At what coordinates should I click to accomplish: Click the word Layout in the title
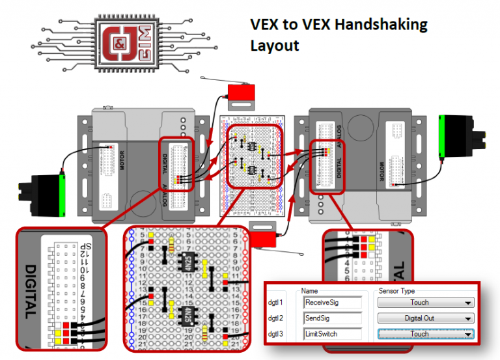pyautogui.click(x=274, y=46)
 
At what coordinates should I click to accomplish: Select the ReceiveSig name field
pyautogui.click(x=332, y=302)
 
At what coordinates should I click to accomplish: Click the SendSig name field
pyautogui.click(x=332, y=318)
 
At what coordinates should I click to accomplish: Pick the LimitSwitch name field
pyautogui.click(x=332, y=334)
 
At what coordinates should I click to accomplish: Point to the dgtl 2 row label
pyautogui.click(x=277, y=318)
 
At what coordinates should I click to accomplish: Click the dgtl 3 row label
pyautogui.click(x=277, y=334)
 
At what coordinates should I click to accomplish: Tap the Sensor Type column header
pyautogui.click(x=400, y=290)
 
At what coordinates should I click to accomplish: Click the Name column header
pyautogui.click(x=309, y=290)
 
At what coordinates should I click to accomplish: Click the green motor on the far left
pyautogui.click(x=43, y=193)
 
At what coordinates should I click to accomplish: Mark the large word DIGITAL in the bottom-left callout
pyautogui.click(x=29, y=292)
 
